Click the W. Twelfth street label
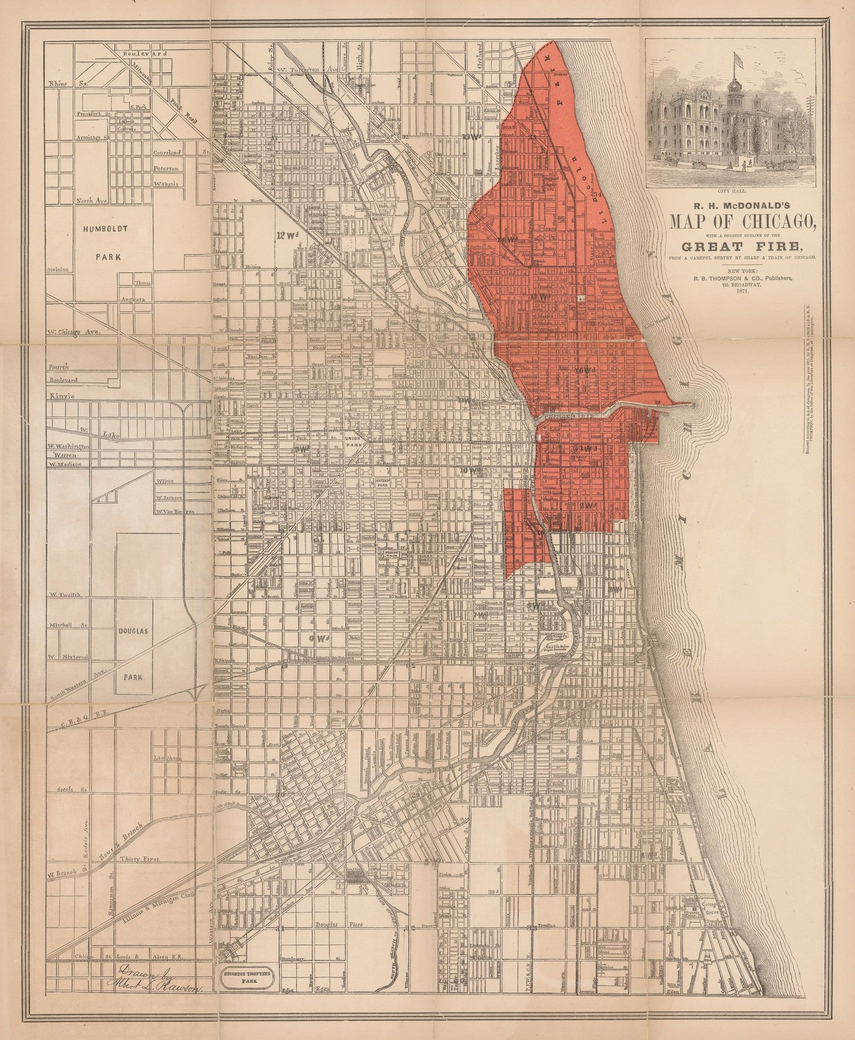(x=69, y=594)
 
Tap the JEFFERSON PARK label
(x=385, y=483)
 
